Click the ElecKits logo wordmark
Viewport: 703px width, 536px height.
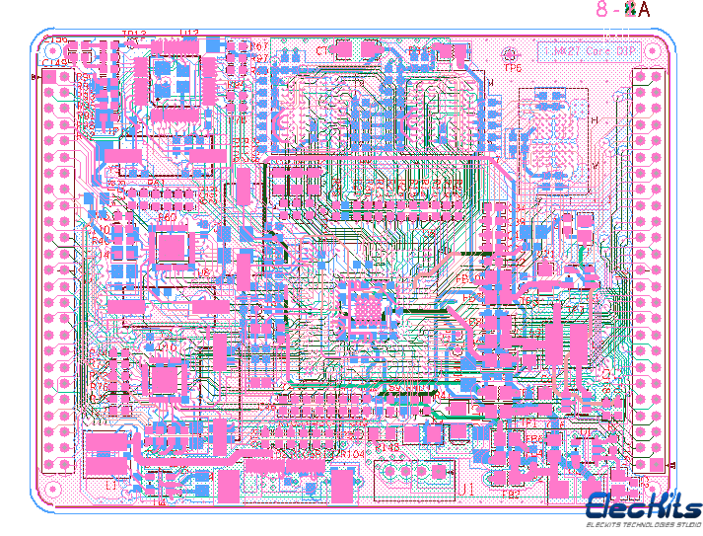click(644, 506)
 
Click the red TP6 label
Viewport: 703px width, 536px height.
click(513, 69)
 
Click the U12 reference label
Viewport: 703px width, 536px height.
click(189, 34)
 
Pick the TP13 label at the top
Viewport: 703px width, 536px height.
click(133, 36)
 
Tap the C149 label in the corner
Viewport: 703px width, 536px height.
click(53, 64)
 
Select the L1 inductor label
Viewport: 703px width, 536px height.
click(110, 486)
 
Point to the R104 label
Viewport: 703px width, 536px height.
click(352, 454)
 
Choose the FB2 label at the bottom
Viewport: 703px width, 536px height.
click(511, 495)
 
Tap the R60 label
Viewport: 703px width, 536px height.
click(168, 217)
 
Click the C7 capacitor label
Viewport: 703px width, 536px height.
click(323, 50)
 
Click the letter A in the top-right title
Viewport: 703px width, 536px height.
click(644, 10)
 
